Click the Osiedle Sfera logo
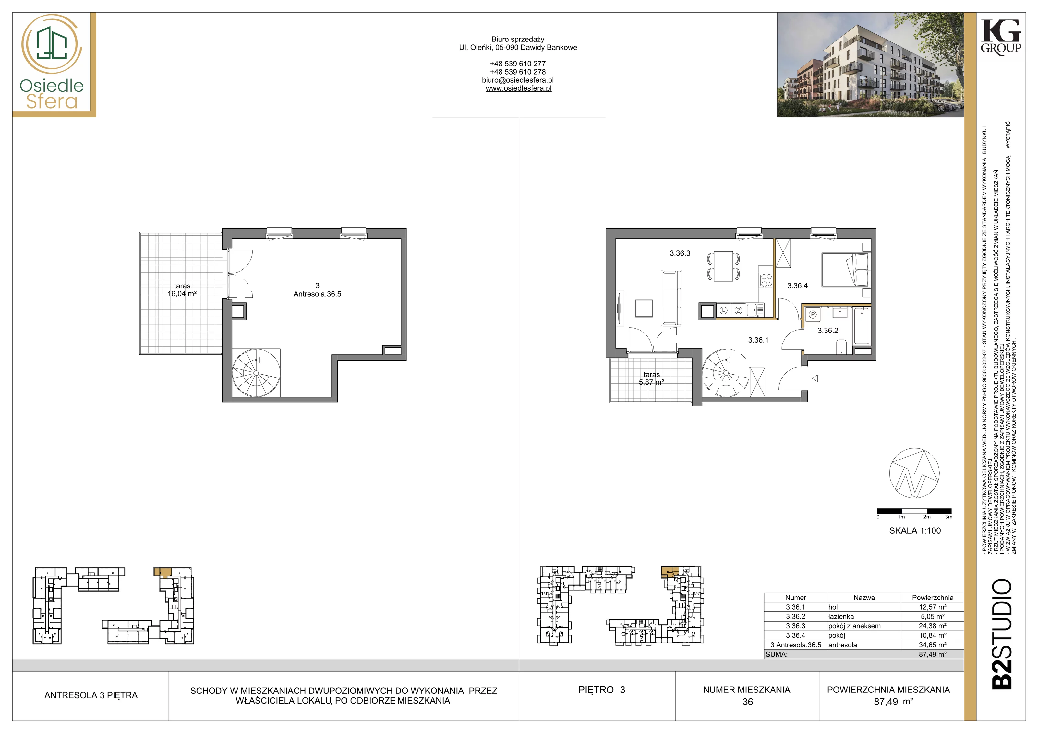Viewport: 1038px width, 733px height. coord(52,63)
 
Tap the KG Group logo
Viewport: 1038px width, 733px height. coord(1001,37)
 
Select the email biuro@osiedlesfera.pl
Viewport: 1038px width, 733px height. coord(518,80)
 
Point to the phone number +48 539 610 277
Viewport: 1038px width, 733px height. coord(518,64)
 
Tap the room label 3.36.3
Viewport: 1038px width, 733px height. coord(680,253)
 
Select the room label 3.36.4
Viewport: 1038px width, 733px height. coord(798,285)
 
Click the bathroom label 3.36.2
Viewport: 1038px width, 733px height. coord(828,330)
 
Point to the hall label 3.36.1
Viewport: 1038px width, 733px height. coord(758,340)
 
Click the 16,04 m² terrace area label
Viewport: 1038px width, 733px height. coord(182,294)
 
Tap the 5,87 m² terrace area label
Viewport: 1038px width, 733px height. coord(651,382)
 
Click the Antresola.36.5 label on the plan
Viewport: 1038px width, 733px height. coord(317,294)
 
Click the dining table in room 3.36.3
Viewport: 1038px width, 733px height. coord(723,266)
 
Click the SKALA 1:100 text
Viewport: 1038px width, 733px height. coord(915,531)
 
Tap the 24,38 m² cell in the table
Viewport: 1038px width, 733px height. coord(932,626)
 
